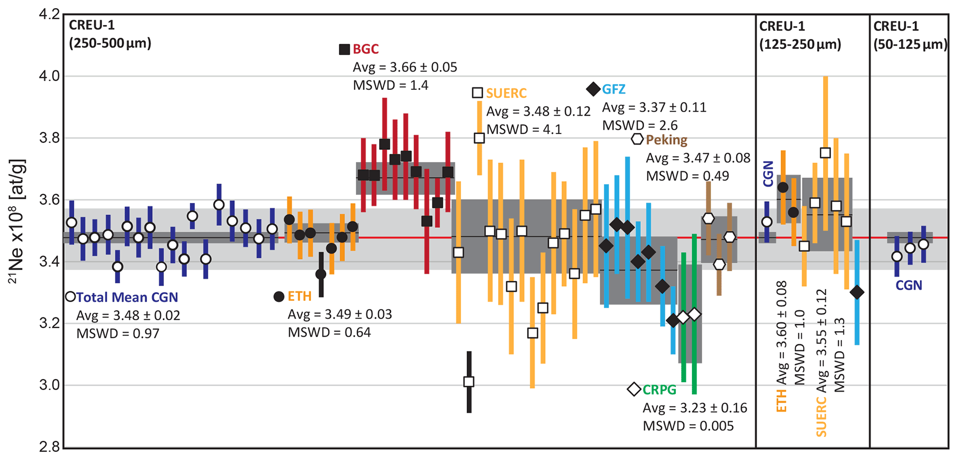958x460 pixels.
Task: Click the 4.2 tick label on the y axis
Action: tap(49, 15)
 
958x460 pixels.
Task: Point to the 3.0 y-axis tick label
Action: tap(49, 385)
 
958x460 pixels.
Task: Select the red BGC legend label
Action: tap(366, 49)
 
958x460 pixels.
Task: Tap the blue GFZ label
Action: tap(614, 89)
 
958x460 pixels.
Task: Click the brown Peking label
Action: tap(666, 139)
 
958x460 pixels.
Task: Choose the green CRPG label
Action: tap(660, 390)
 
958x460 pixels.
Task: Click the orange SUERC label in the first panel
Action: tap(506, 93)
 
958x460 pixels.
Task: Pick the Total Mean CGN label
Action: tap(127, 297)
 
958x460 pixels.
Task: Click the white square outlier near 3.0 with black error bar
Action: tap(469, 382)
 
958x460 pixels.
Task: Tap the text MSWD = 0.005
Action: tap(688, 426)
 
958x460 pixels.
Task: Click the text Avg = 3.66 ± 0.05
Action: tap(405, 67)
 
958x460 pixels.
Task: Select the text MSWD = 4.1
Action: tap(524, 129)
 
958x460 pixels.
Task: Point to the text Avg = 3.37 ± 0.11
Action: tap(654, 107)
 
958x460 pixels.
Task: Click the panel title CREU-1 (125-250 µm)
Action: tap(799, 35)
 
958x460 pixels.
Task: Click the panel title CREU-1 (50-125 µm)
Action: tap(910, 35)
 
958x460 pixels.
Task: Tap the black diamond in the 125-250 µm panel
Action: tap(857, 292)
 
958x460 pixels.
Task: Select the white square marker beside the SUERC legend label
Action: tap(477, 93)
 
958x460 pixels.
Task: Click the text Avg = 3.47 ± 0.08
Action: tap(698, 158)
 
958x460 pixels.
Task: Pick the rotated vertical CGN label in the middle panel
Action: tap(768, 174)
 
